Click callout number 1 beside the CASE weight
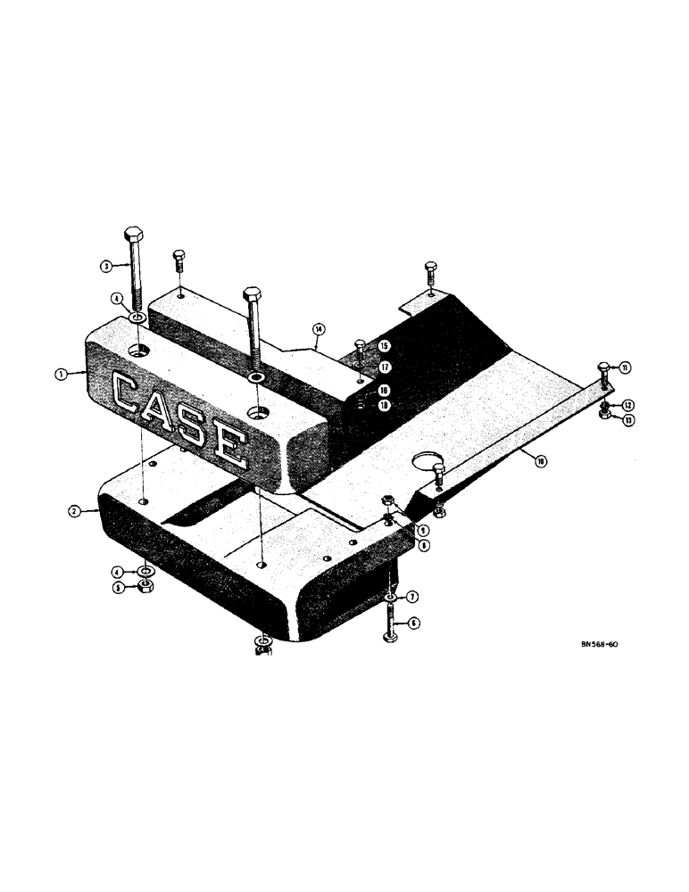60,375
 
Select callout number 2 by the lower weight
77,511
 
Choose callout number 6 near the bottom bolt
414,624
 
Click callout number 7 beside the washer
414,596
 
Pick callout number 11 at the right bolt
626,367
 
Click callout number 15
384,345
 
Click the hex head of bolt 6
390,634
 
